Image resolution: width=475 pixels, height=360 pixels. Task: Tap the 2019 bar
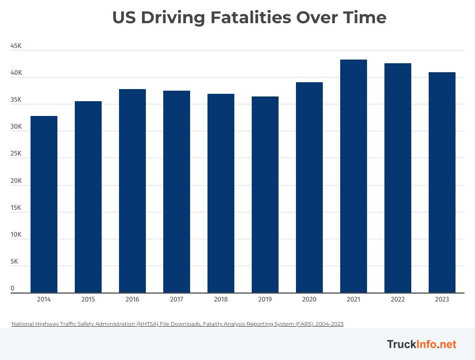[265, 195]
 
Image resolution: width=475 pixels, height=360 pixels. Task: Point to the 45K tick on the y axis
[16, 46]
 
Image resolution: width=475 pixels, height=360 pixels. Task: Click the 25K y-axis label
[16, 154]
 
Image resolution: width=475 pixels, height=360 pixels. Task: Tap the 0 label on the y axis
[13, 289]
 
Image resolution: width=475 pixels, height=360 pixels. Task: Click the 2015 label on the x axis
[88, 299]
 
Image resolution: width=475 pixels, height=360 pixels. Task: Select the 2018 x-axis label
[221, 299]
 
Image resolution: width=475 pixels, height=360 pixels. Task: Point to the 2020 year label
[309, 299]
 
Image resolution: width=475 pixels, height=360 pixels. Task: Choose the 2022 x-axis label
[398, 299]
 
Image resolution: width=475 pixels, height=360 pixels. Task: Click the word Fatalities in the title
[251, 18]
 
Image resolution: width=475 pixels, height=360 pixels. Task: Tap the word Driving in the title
[173, 18]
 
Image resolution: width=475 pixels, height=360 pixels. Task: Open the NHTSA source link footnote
[177, 324]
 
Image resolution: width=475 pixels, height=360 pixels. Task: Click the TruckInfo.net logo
[421, 344]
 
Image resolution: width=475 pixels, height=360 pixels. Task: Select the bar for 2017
[176, 192]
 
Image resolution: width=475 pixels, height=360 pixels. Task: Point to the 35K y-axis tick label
[16, 100]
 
